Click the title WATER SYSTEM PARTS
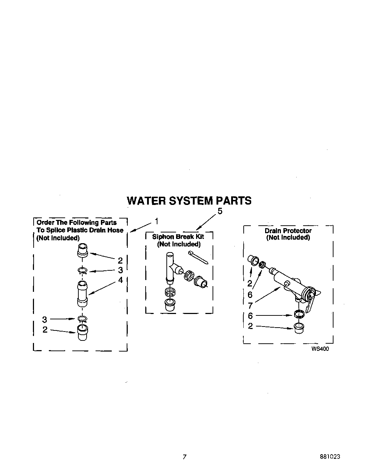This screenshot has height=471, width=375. click(x=189, y=201)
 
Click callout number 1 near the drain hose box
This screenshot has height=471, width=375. click(x=156, y=221)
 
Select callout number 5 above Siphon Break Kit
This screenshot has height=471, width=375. click(x=220, y=211)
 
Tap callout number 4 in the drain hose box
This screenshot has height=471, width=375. click(x=121, y=280)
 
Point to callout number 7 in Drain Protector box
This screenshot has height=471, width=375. click(x=250, y=306)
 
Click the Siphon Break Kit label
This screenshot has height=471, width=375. click(x=178, y=237)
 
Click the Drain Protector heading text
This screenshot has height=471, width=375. click(x=288, y=231)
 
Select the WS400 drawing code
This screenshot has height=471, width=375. click(x=320, y=349)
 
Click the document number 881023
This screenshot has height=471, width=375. click(x=330, y=457)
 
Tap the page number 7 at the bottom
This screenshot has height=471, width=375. click(x=184, y=457)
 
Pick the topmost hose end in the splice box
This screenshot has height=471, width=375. click(x=82, y=250)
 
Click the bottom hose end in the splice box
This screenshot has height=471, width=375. click(x=82, y=333)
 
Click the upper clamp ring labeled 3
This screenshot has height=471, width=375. click(x=82, y=271)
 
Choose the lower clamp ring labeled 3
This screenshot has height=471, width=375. click(x=82, y=319)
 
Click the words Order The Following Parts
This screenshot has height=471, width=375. click(x=77, y=222)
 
